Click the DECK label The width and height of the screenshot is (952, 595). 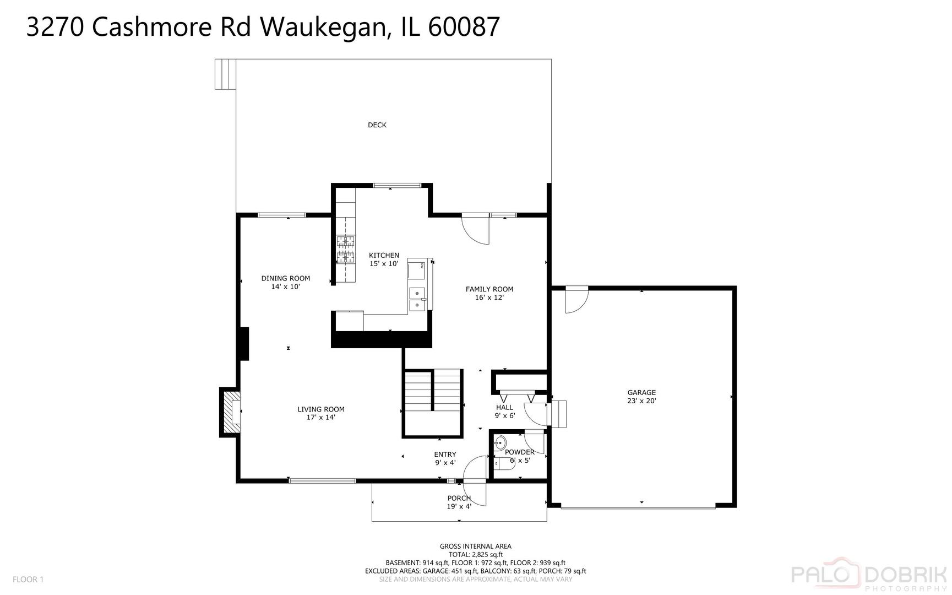click(377, 125)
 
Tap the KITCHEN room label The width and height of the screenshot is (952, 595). click(384, 256)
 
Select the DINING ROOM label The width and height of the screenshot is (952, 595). click(286, 278)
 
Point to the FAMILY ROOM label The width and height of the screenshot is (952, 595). click(489, 289)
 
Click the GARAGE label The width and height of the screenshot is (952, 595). click(641, 393)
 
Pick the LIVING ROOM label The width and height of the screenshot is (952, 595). click(321, 409)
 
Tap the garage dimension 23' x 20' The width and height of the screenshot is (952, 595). click(641, 401)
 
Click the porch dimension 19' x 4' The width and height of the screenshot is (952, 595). click(459, 507)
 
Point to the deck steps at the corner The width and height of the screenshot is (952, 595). click(225, 74)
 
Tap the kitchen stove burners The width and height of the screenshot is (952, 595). click(345, 248)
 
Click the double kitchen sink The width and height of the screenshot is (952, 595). click(417, 299)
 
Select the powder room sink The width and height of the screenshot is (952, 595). click(500, 442)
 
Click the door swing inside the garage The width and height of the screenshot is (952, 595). click(577, 300)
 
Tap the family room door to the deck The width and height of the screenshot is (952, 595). click(475, 229)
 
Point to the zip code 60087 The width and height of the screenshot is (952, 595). click(464, 26)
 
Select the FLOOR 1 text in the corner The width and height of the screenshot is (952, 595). click(28, 579)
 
